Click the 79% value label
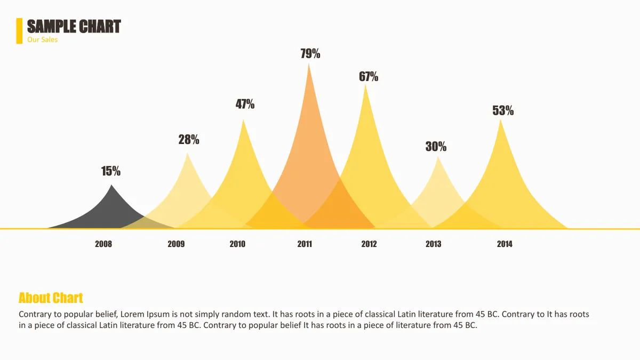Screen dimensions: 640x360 coord(310,53)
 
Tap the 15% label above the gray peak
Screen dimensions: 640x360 coord(111,171)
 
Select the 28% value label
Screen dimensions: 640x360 coord(189,139)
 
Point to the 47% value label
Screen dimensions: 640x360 coord(245,104)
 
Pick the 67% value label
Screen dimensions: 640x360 coord(369,76)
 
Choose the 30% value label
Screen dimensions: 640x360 coord(436,146)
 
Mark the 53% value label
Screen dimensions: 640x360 coord(503,110)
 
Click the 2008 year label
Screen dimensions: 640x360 coord(103,244)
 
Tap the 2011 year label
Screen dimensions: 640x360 coord(305,244)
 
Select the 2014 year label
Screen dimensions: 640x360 coord(505,244)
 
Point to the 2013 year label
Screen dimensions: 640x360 coord(434,244)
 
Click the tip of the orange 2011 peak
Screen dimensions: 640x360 coord(309,63)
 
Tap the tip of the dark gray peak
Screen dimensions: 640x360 coord(111,185)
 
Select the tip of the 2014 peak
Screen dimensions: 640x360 coord(501,119)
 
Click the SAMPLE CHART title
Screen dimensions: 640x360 coord(74,27)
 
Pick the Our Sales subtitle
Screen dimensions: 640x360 coord(42,39)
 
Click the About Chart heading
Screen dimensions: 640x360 coord(51,298)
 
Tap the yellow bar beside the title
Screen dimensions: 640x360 coord(19,31)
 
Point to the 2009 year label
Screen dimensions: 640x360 coord(176,244)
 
